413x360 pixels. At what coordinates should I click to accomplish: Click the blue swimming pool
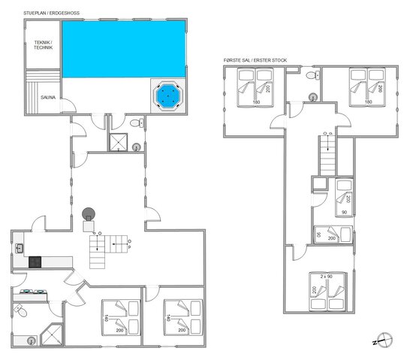pos(123,48)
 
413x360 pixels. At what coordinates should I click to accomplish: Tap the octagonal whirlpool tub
pos(166,95)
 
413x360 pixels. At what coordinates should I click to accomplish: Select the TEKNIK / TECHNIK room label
pos(43,45)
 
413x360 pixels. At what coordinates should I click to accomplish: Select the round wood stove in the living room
pos(89,214)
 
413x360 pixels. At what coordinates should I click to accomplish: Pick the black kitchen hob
pos(35,262)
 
